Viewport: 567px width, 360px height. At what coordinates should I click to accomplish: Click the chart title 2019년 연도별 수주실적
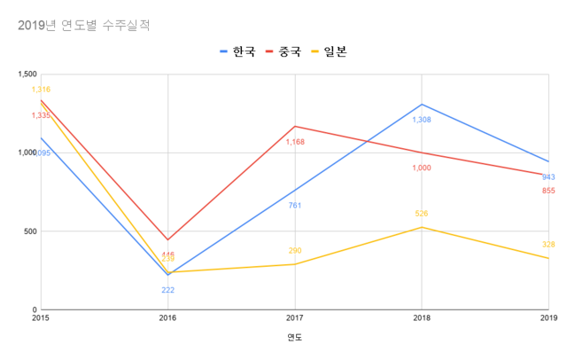[x=84, y=26]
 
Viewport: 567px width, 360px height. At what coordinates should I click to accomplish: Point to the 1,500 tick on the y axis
[x=26, y=74]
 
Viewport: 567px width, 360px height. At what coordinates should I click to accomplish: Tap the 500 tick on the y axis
[x=29, y=231]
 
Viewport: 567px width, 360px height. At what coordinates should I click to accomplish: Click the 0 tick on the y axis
[x=34, y=310]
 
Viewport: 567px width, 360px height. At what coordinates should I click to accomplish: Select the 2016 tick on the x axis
[x=167, y=317]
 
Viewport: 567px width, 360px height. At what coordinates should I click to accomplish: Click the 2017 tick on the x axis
[x=294, y=317]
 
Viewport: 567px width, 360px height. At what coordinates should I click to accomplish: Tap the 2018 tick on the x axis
[x=422, y=317]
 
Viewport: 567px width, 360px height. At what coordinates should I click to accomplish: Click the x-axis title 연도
[x=294, y=338]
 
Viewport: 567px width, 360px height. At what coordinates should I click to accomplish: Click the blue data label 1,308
[x=422, y=119]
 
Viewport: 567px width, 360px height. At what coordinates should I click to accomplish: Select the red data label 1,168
[x=294, y=142]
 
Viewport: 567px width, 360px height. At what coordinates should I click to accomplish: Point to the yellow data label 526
[x=422, y=214]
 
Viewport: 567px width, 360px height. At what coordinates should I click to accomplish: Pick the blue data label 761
[x=294, y=206]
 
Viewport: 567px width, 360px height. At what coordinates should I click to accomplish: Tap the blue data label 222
[x=167, y=290]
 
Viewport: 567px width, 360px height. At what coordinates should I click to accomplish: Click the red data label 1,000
[x=422, y=168]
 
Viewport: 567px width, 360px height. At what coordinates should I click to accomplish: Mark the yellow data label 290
[x=294, y=251]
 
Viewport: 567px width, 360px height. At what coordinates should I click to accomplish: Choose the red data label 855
[x=548, y=191]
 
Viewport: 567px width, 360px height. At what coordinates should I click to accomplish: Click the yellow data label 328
[x=548, y=245]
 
